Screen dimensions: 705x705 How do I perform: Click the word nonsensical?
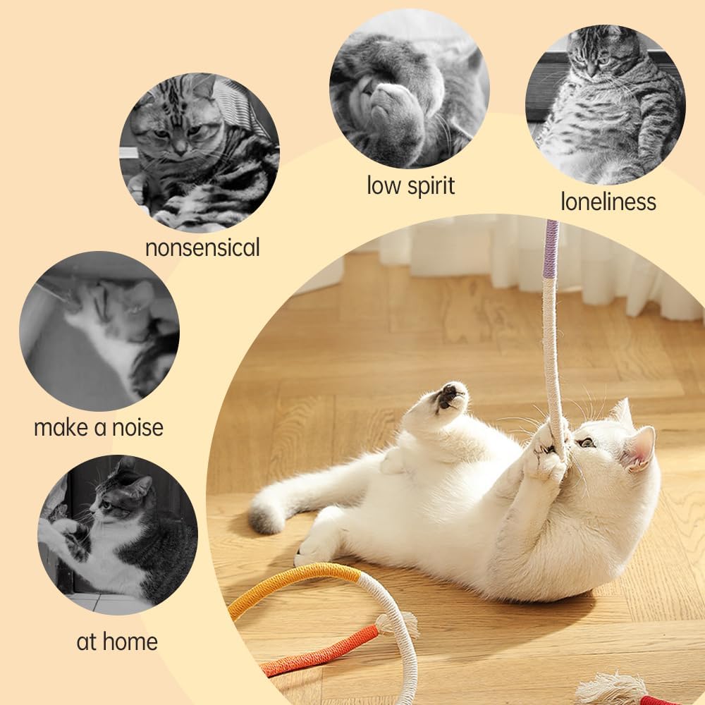pyautogui.click(x=202, y=247)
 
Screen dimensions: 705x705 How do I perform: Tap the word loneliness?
pyautogui.click(x=608, y=201)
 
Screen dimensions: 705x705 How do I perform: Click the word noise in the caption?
pyautogui.click(x=137, y=427)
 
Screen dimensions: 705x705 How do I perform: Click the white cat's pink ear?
pyautogui.click(x=639, y=448)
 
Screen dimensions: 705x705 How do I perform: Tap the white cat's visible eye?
pyautogui.click(x=585, y=443)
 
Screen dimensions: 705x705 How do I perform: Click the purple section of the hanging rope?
pyautogui.click(x=551, y=249)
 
